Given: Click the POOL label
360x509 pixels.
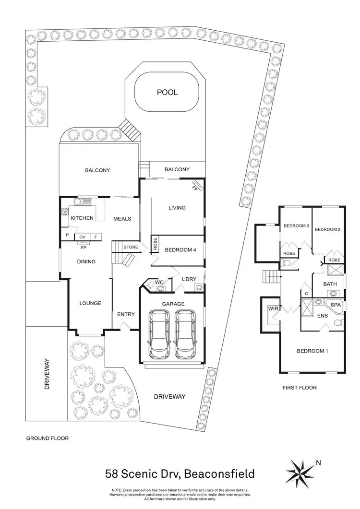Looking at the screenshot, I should [x=167, y=92].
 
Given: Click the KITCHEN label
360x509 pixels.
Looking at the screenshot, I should [x=82, y=218].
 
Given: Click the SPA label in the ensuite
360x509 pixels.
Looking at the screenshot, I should [x=336, y=305].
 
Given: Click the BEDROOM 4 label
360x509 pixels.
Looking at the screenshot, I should [x=180, y=249].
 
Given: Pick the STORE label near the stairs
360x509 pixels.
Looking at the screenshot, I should [x=131, y=248].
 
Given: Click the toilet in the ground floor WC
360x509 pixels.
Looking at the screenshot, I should [x=150, y=286].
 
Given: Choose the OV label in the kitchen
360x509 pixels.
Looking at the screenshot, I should [x=82, y=237].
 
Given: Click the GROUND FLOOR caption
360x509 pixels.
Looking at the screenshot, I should [x=47, y=438].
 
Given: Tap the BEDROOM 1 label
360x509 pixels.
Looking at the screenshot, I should [x=312, y=351].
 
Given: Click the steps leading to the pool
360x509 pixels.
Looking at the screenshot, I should [x=130, y=128].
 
